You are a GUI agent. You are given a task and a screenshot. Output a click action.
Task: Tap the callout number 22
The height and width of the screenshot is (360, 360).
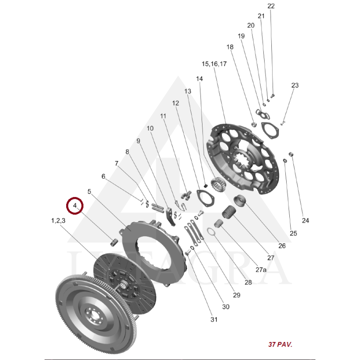click(x=271, y=6)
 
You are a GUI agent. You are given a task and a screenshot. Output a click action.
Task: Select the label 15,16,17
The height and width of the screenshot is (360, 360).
click(x=214, y=64)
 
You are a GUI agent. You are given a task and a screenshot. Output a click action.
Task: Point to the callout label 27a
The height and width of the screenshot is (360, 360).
click(x=261, y=270)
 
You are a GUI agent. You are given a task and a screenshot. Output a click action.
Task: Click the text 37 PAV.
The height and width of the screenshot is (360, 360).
click(x=280, y=344)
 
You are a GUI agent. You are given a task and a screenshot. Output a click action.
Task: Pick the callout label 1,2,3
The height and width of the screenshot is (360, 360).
click(x=58, y=220)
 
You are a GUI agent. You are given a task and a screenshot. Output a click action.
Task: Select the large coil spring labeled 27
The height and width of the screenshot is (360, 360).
click(x=229, y=211)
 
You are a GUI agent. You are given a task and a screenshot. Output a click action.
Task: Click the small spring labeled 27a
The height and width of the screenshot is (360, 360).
click(x=219, y=224)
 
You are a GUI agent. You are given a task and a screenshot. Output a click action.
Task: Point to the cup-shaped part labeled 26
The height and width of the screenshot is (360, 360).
click(x=240, y=201)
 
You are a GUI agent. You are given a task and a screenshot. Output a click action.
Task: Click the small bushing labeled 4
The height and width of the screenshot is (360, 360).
click(x=114, y=242)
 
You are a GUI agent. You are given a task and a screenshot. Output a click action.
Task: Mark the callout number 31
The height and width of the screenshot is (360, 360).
click(x=214, y=319)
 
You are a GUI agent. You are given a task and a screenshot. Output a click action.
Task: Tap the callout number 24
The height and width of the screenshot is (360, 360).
click(x=306, y=220)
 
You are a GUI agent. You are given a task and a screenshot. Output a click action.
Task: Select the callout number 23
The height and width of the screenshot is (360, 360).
click(x=295, y=85)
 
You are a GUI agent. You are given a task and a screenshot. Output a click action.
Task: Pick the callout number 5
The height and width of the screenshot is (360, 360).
click(x=89, y=192)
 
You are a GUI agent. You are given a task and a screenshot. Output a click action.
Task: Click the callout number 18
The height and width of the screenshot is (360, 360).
click(x=230, y=47)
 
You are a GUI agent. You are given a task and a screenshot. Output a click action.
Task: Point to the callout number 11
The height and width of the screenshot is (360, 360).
click(x=163, y=116)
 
